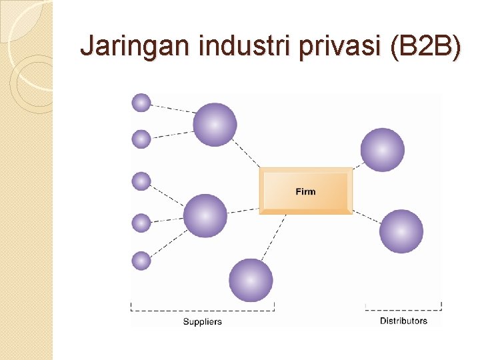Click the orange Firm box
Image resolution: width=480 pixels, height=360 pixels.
[305, 191]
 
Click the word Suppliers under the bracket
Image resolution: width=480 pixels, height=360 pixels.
[203, 322]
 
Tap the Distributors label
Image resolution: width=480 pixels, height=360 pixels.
[403, 321]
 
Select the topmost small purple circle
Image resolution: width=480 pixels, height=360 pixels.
[141, 103]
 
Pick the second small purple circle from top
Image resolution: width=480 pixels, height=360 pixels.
[141, 139]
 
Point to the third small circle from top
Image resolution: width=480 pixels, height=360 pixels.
[141, 181]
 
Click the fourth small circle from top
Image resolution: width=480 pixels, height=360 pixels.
[141, 223]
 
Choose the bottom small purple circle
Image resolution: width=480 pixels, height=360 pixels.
[141, 261]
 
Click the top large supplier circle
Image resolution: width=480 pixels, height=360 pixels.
[215, 125]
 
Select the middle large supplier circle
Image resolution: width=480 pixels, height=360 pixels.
[205, 215]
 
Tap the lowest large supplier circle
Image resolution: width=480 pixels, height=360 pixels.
[251, 280]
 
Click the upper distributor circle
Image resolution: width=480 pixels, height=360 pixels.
[382, 150]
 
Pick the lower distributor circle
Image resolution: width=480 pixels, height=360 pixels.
[401, 231]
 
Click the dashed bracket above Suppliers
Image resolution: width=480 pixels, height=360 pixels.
[203, 309]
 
